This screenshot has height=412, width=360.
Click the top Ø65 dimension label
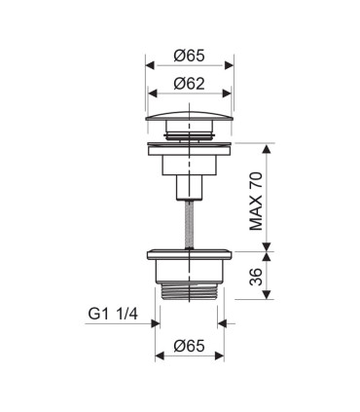click(x=189, y=56)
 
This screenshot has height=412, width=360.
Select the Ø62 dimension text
click(x=189, y=84)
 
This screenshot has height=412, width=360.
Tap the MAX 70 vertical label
click(x=256, y=201)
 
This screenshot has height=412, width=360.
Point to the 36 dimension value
click(x=256, y=277)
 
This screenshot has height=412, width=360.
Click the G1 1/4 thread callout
click(x=113, y=314)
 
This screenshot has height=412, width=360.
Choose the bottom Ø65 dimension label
click(x=189, y=346)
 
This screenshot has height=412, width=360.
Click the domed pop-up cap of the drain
click(x=189, y=116)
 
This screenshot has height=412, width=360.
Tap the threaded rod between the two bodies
click(x=189, y=224)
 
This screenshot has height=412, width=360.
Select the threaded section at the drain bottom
click(x=189, y=291)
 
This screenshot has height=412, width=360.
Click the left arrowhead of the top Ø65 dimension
click(x=150, y=65)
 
